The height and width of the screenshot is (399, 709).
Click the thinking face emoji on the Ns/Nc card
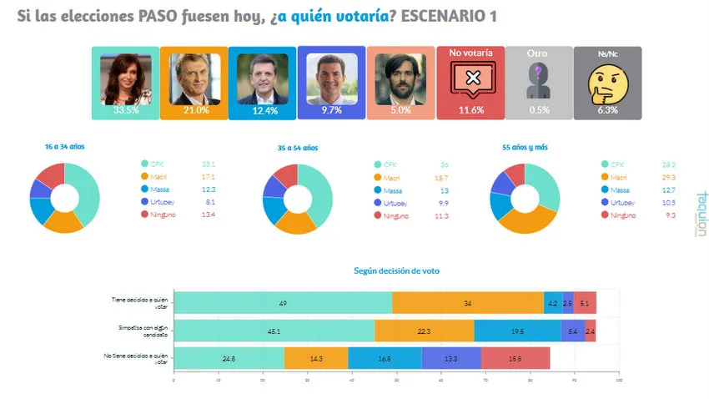click(x=607, y=82)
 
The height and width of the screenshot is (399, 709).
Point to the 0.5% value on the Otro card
click(x=538, y=109)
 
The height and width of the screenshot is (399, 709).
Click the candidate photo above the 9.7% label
click(x=331, y=78)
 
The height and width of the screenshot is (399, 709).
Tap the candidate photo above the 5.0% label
click(x=400, y=78)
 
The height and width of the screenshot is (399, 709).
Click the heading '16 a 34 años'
click(x=64, y=147)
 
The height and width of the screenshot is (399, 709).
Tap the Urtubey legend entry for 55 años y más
click(x=617, y=203)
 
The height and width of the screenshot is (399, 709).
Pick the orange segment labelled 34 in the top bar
click(x=467, y=303)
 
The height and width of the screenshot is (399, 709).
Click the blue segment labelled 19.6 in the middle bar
click(x=517, y=331)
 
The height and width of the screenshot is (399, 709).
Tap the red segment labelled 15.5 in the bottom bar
click(x=515, y=357)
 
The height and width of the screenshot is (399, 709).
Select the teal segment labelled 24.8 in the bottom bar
click(x=229, y=357)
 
